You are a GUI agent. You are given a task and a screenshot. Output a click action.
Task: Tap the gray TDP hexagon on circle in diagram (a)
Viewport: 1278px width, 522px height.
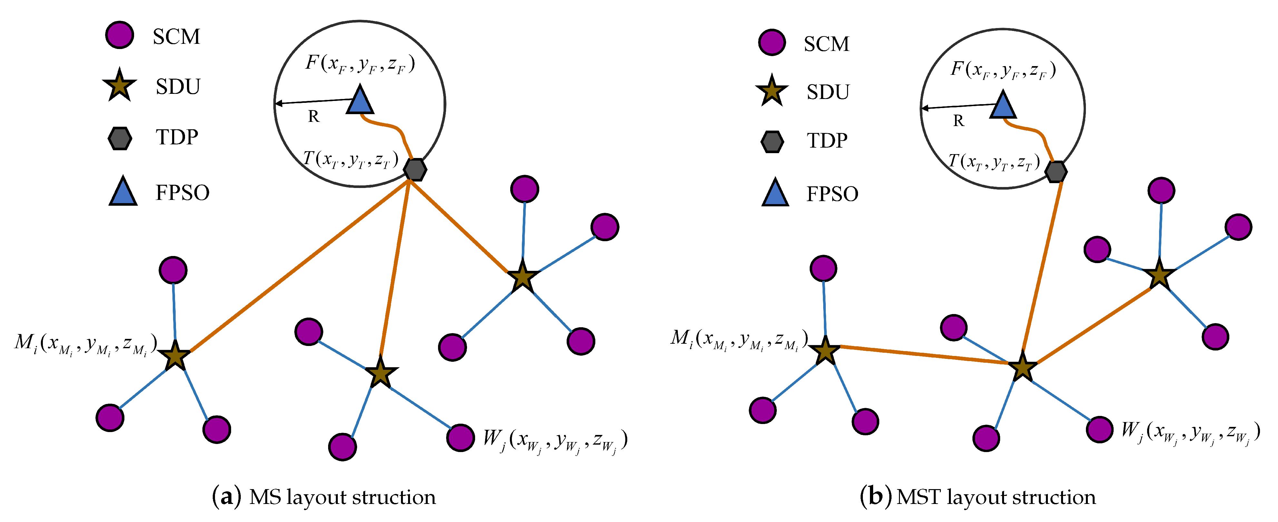415,170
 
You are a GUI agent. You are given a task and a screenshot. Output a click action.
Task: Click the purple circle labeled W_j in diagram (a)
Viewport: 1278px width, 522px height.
460,438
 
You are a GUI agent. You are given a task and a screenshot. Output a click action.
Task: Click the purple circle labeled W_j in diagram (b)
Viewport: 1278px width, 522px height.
1099,429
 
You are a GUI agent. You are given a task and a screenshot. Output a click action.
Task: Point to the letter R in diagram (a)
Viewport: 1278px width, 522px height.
314,117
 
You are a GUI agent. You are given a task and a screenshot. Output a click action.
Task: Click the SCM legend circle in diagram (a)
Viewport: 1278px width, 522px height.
120,35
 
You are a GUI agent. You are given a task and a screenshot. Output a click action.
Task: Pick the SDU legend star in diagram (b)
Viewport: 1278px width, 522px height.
771,91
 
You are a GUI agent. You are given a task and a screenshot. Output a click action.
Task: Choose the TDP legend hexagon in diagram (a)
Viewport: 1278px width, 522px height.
120,138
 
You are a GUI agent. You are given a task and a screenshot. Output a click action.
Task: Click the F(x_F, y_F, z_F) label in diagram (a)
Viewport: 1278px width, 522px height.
360,64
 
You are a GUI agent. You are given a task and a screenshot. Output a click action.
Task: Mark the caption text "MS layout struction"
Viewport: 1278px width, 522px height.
342,497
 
